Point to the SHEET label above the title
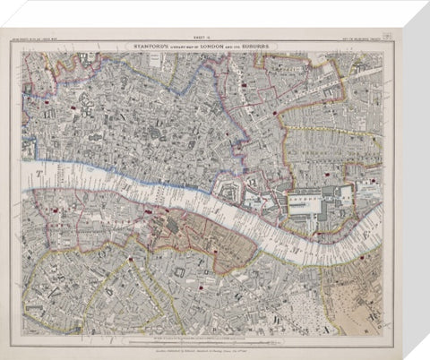(x=208, y=36)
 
